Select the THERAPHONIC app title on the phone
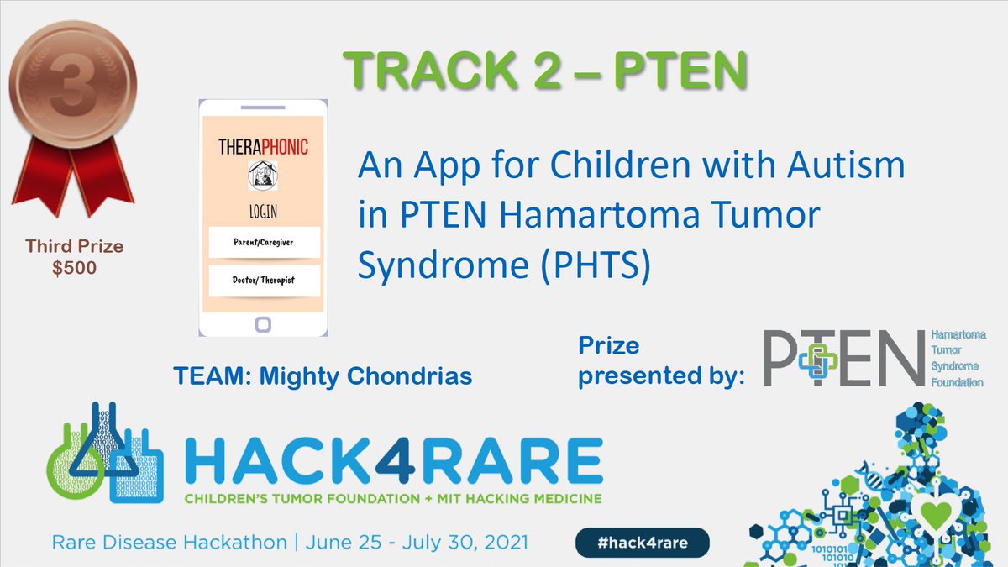[x=264, y=147]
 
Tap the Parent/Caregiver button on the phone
[x=264, y=243]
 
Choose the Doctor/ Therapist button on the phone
[x=264, y=279]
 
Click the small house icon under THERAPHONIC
[x=264, y=175]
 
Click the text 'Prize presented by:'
[x=662, y=361]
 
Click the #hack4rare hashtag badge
[x=643, y=542]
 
